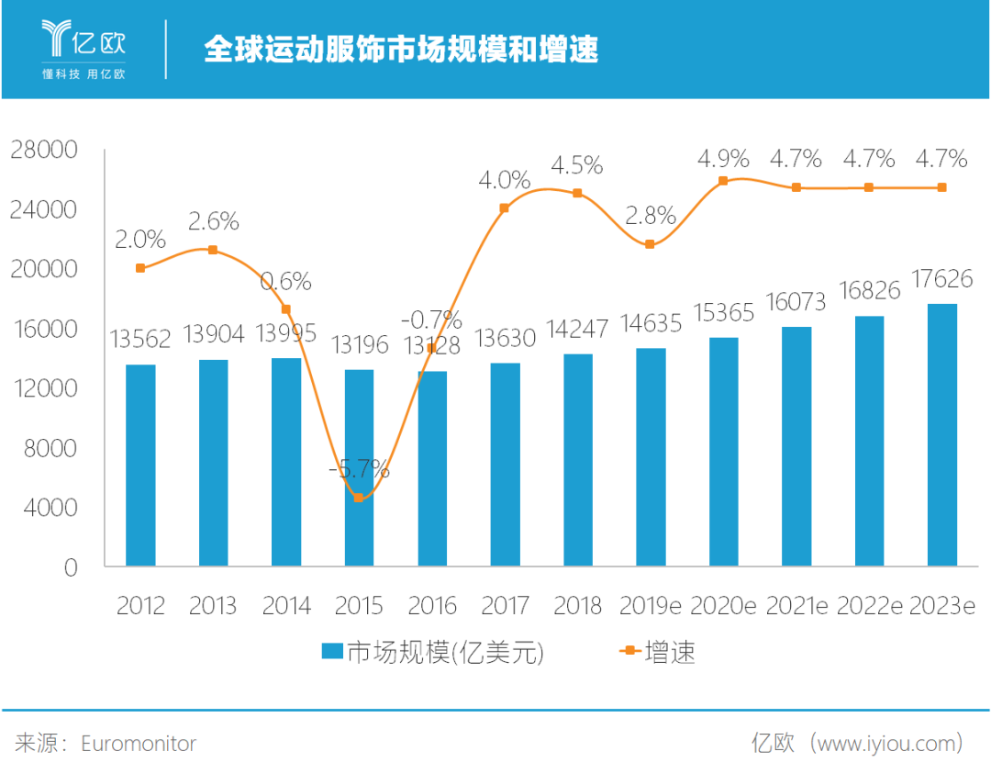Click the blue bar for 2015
[359, 467]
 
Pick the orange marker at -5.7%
[359, 498]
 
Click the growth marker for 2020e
[723, 181]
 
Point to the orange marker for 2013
[213, 250]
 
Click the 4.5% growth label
[577, 165]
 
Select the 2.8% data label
[650, 217]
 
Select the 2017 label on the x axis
[505, 606]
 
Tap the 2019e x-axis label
[650, 606]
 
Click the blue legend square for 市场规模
[331, 652]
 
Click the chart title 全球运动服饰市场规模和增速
[401, 49]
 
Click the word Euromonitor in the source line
[139, 743]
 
